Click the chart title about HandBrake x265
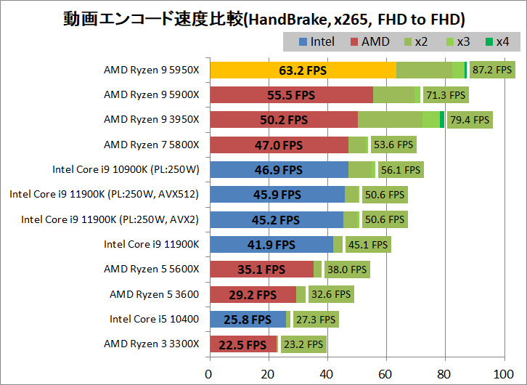point(263,17)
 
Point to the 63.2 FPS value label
point(303,70)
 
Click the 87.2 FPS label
point(492,70)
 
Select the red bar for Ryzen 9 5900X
point(290,95)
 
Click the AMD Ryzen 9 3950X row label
point(151,120)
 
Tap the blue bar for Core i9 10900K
point(278,169)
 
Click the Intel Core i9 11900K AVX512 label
point(104,194)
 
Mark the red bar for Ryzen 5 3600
point(252,294)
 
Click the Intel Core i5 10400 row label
point(154,319)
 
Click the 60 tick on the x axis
point(385,375)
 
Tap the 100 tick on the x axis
point(502,375)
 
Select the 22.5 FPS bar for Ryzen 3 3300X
point(242,344)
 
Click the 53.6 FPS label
point(393,145)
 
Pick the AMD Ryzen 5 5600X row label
point(151,269)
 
